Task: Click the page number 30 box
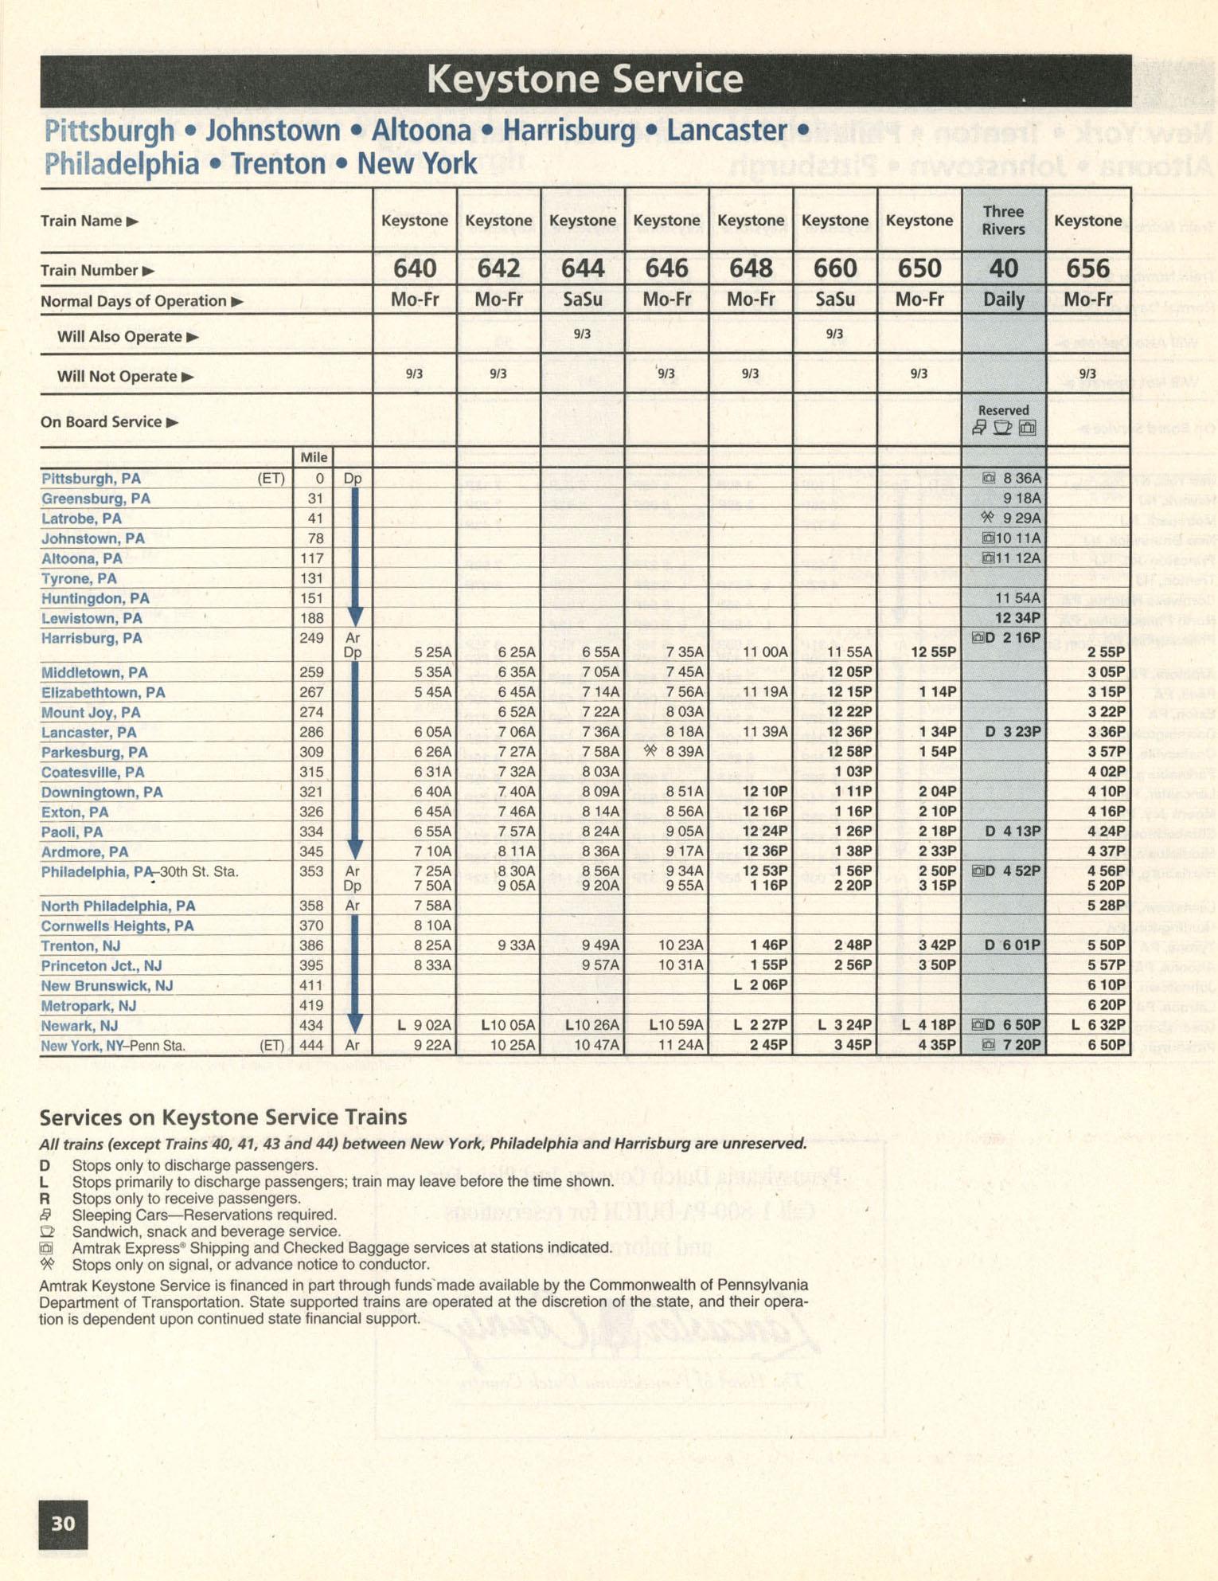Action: pos(63,1524)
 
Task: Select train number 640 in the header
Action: pos(415,269)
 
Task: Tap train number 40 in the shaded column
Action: pos(1003,269)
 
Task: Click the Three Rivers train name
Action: pos(1003,221)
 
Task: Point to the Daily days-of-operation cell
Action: pos(1003,300)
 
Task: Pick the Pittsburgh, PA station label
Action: pos(91,479)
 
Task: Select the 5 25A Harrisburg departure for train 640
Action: pos(432,652)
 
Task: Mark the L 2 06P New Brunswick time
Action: pos(760,985)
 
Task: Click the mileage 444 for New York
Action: pos(315,1045)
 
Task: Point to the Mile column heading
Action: pos(314,457)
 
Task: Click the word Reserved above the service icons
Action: pos(1003,410)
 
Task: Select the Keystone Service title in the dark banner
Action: pos(585,80)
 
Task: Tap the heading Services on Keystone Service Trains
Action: pos(223,1117)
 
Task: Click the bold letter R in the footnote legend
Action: pos(45,1199)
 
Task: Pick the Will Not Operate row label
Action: pos(116,377)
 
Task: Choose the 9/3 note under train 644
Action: pos(582,334)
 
